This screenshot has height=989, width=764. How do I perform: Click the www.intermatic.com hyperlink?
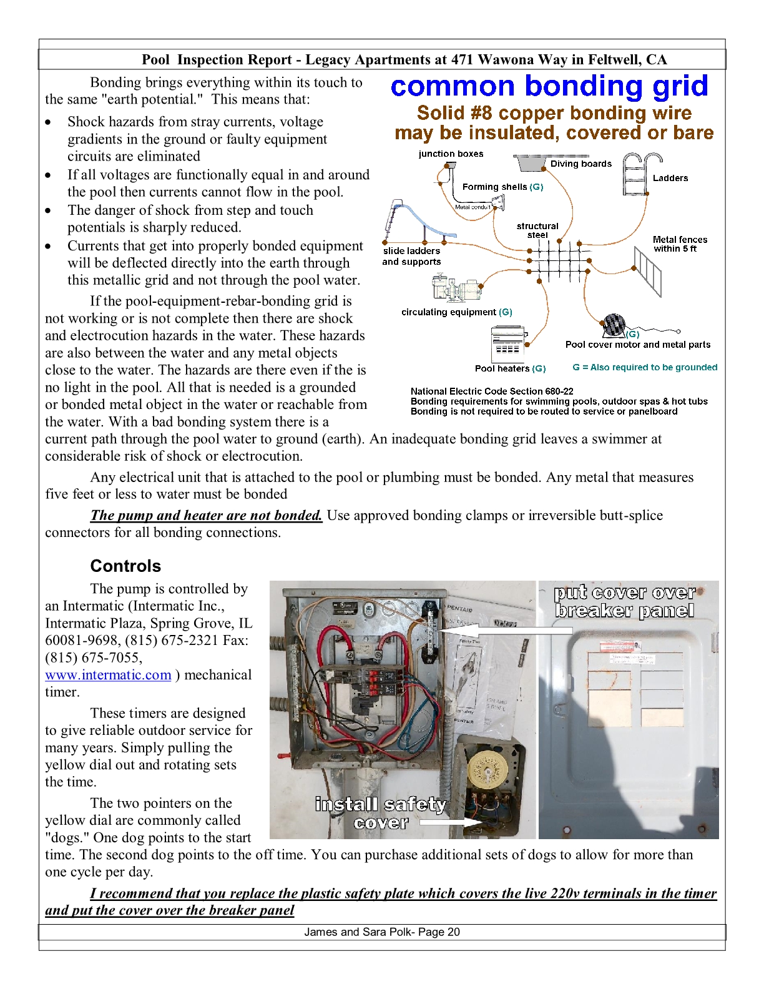pyautogui.click(x=108, y=675)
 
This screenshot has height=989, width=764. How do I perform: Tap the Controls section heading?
pyautogui.click(x=125, y=566)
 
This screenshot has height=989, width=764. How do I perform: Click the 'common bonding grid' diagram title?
pyautogui.click(x=549, y=86)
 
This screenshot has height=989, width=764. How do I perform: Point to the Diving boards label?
pyautogui.click(x=580, y=164)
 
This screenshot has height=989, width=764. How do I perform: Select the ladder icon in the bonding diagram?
pyautogui.click(x=635, y=174)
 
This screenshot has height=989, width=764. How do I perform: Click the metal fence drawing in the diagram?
pyautogui.click(x=647, y=270)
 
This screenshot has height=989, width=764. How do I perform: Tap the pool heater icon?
pyautogui.click(x=509, y=343)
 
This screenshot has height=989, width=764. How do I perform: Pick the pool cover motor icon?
pyautogui.click(x=613, y=325)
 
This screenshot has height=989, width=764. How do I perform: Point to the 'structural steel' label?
pyautogui.click(x=537, y=230)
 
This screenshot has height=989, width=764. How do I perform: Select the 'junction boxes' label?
pyautogui.click(x=451, y=154)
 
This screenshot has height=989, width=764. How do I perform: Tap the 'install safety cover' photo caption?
pyautogui.click(x=381, y=813)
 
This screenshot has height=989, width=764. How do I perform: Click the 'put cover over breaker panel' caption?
pyautogui.click(x=624, y=601)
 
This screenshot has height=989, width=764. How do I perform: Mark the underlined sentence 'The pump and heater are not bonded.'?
pyautogui.click(x=206, y=515)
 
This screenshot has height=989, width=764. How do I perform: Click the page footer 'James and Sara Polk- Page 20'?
pyautogui.click(x=382, y=932)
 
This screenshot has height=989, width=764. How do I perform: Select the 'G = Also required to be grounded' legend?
pyautogui.click(x=645, y=367)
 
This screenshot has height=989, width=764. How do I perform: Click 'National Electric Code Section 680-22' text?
pyautogui.click(x=492, y=391)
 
